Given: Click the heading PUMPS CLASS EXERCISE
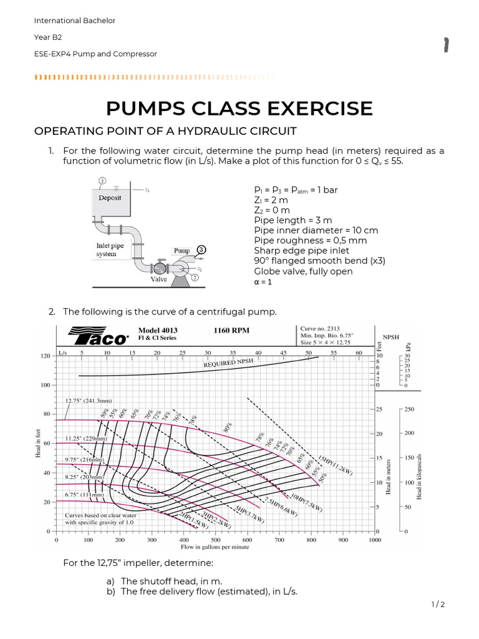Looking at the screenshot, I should click(239, 108).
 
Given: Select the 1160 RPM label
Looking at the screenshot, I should click(232, 330).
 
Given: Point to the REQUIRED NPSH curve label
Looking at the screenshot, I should click(229, 363).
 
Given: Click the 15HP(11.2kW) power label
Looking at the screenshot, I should click(335, 465).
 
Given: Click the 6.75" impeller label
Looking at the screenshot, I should click(82, 495).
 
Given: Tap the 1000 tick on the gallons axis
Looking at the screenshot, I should click(375, 540).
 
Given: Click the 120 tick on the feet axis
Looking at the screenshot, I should click(46, 356).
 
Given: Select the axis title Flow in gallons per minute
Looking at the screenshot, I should click(215, 547).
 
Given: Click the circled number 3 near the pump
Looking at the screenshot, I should click(201, 248).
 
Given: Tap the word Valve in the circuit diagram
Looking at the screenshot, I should click(159, 280).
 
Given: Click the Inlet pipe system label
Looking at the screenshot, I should click(110, 250).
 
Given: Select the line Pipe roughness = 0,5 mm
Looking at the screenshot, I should click(306, 240).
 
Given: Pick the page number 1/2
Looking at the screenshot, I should click(437, 604).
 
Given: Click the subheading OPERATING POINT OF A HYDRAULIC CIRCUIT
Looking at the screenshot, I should click(165, 130).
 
